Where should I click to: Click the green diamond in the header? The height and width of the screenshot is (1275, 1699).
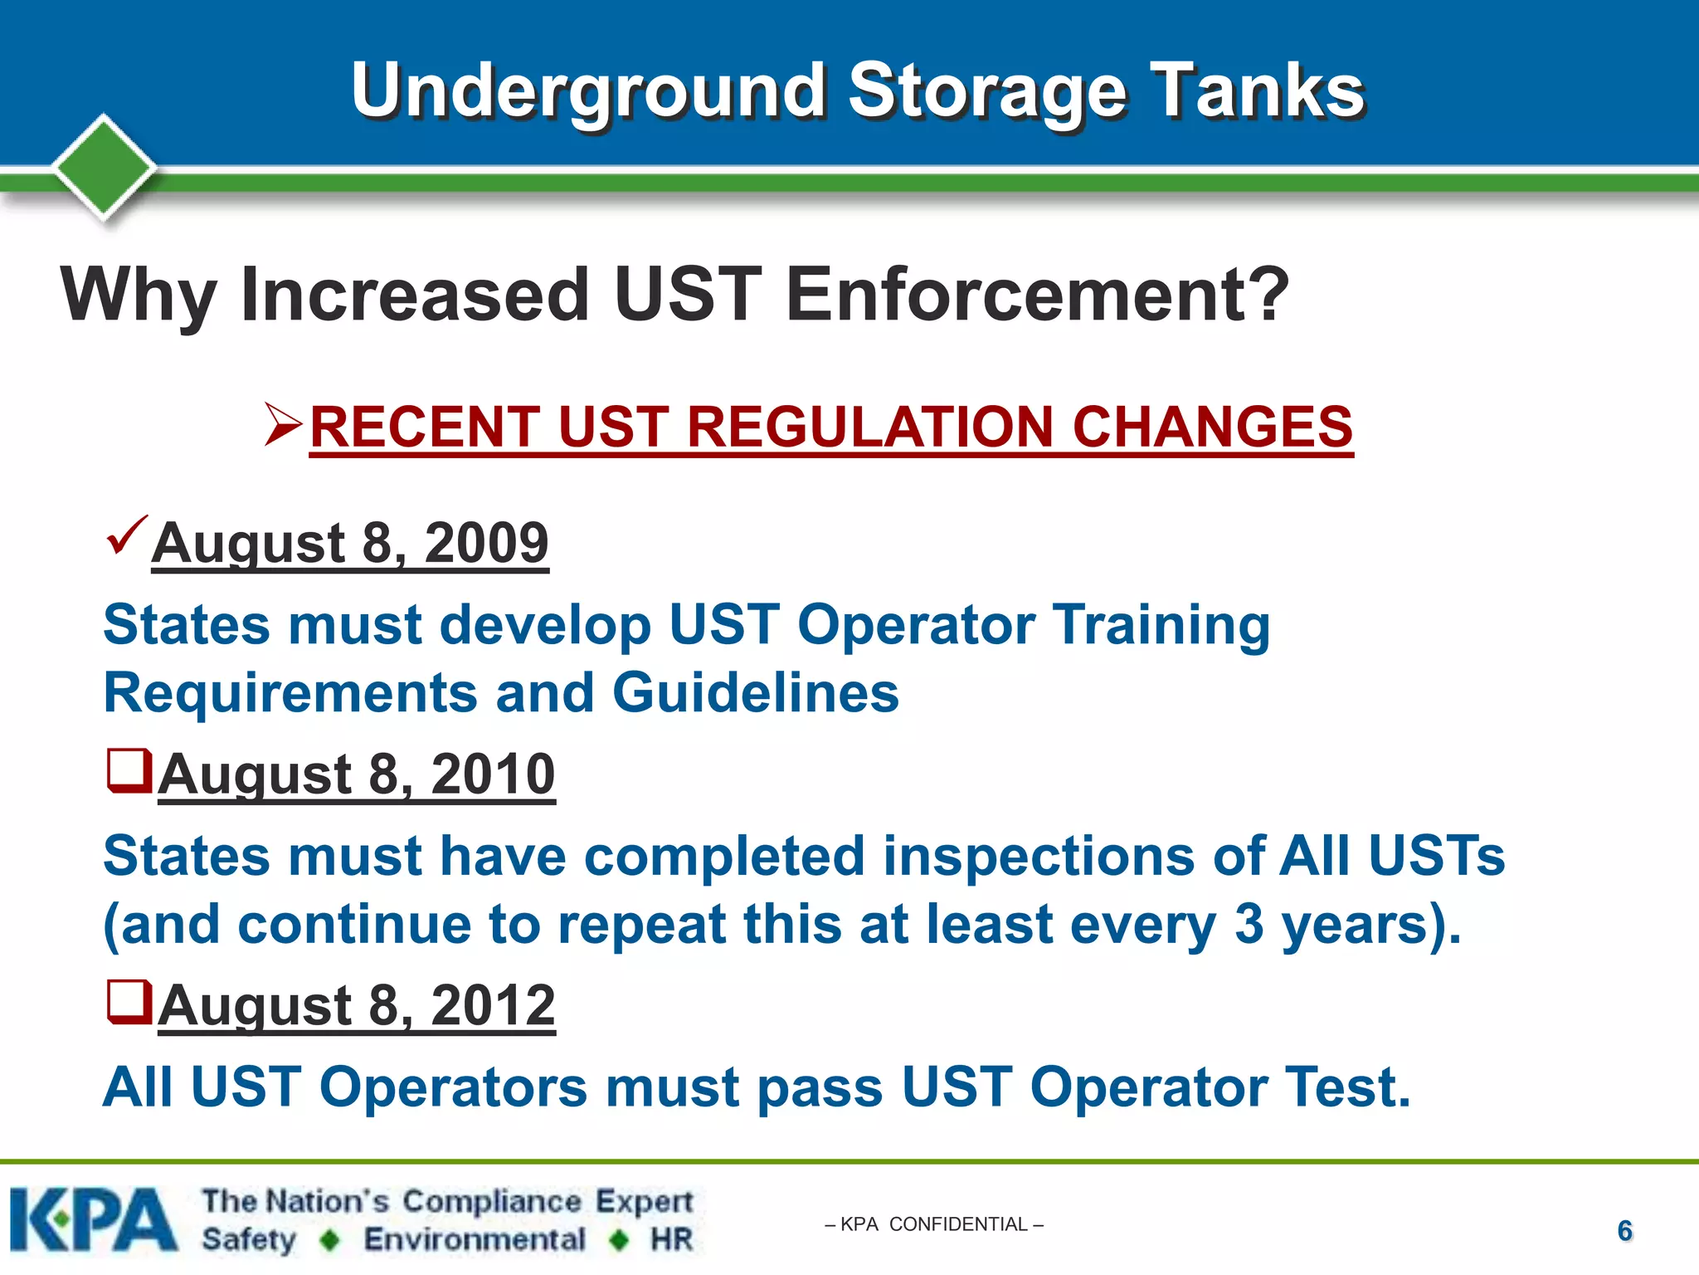pyautogui.click(x=105, y=168)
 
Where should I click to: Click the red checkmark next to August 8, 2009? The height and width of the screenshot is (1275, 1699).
pyautogui.click(x=127, y=535)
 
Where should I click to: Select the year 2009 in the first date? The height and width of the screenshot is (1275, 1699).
pyautogui.click(x=486, y=544)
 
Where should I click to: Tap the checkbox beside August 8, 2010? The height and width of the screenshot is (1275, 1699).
pyautogui.click(x=129, y=770)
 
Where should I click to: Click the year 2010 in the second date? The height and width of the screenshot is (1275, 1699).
pyautogui.click(x=493, y=774)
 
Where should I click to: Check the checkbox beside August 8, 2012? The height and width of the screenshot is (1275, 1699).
pyautogui.click(x=129, y=1002)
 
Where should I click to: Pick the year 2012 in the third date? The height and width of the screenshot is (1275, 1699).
pyautogui.click(x=493, y=1006)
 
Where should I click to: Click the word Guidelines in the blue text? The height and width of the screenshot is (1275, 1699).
pyautogui.click(x=756, y=693)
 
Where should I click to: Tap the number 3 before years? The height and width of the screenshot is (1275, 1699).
pyautogui.click(x=1249, y=924)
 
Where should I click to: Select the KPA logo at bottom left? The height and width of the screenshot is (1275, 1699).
pyautogui.click(x=93, y=1220)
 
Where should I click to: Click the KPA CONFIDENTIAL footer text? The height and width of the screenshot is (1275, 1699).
pyautogui.click(x=934, y=1224)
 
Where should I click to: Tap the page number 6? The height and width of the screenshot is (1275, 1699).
pyautogui.click(x=1624, y=1231)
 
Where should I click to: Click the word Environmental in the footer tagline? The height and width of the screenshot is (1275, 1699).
pyautogui.click(x=475, y=1240)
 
